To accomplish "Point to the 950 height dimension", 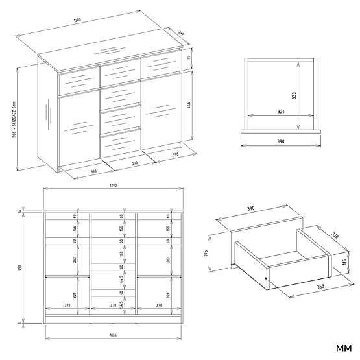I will (22, 268).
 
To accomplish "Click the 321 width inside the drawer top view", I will (280, 111).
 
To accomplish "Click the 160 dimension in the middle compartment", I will (121, 254).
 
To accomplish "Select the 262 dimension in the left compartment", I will (75, 259).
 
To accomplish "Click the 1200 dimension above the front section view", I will (114, 186).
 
